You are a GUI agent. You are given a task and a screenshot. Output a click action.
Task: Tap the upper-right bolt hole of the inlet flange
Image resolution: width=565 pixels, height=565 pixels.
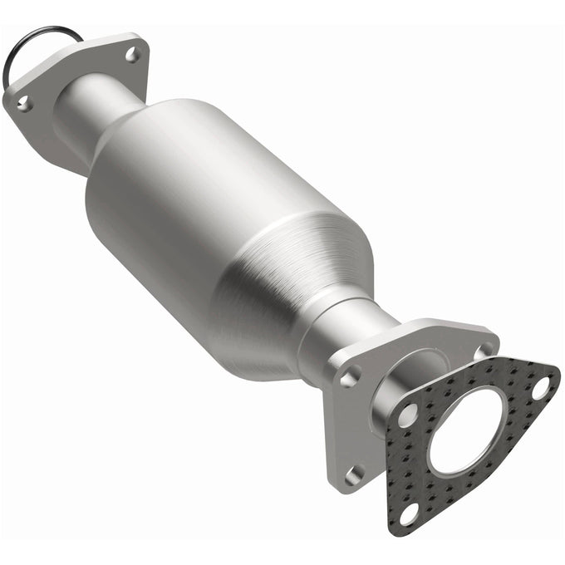(x=131, y=55)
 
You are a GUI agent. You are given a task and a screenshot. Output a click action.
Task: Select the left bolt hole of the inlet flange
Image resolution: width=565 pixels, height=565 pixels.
(x=22, y=103)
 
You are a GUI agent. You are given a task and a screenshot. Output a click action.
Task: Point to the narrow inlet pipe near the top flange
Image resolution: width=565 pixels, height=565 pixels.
(x=91, y=108)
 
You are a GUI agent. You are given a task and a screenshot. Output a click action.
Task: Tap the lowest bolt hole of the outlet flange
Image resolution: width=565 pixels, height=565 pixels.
(x=355, y=474)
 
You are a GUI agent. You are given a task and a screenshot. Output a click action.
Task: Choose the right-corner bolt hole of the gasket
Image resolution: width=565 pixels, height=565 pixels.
(x=540, y=386)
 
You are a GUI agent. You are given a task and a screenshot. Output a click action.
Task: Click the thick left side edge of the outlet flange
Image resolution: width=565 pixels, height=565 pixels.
(x=331, y=432)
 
